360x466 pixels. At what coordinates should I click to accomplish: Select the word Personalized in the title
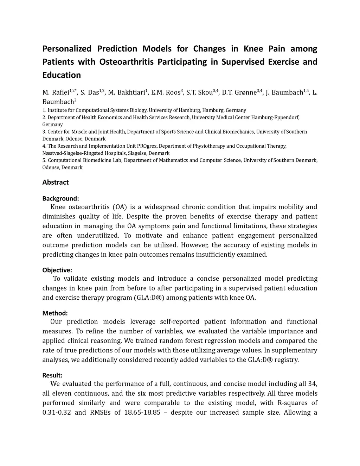[67, 49]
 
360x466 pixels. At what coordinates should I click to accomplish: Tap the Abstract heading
[56, 182]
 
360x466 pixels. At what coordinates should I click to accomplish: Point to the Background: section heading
[60, 198]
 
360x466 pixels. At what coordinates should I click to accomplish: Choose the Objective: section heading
[57, 270]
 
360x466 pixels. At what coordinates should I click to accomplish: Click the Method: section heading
[55, 313]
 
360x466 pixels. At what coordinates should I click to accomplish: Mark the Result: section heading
[52, 375]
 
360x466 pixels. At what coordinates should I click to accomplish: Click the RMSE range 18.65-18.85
[142, 412]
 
